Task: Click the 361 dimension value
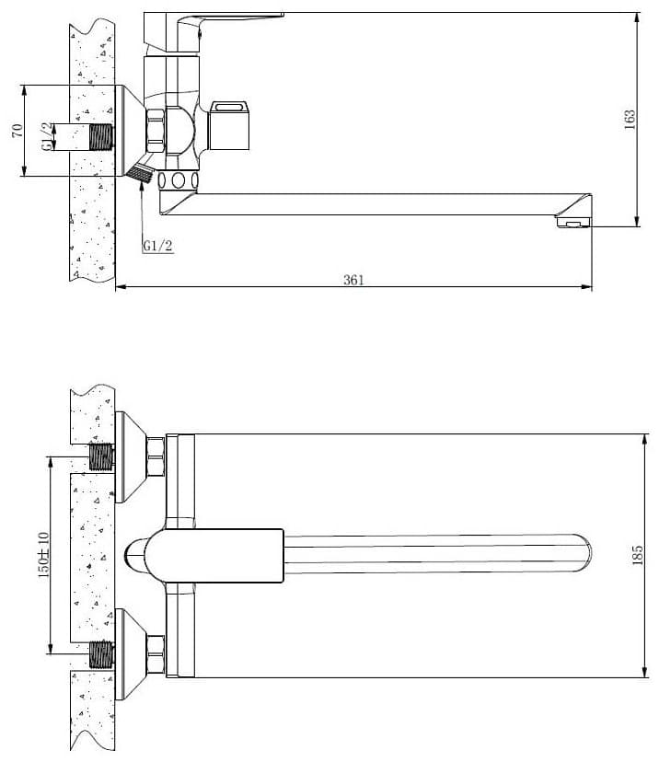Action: point(353,280)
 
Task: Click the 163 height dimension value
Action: point(630,120)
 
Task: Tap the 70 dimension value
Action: point(17,131)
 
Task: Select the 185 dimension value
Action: point(637,555)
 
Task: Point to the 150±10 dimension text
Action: point(44,555)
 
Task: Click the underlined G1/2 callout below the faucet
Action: point(157,246)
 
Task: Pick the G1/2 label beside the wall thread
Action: point(47,136)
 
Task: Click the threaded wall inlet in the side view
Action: point(101,136)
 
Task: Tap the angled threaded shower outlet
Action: point(140,173)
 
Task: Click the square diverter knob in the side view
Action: point(229,125)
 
